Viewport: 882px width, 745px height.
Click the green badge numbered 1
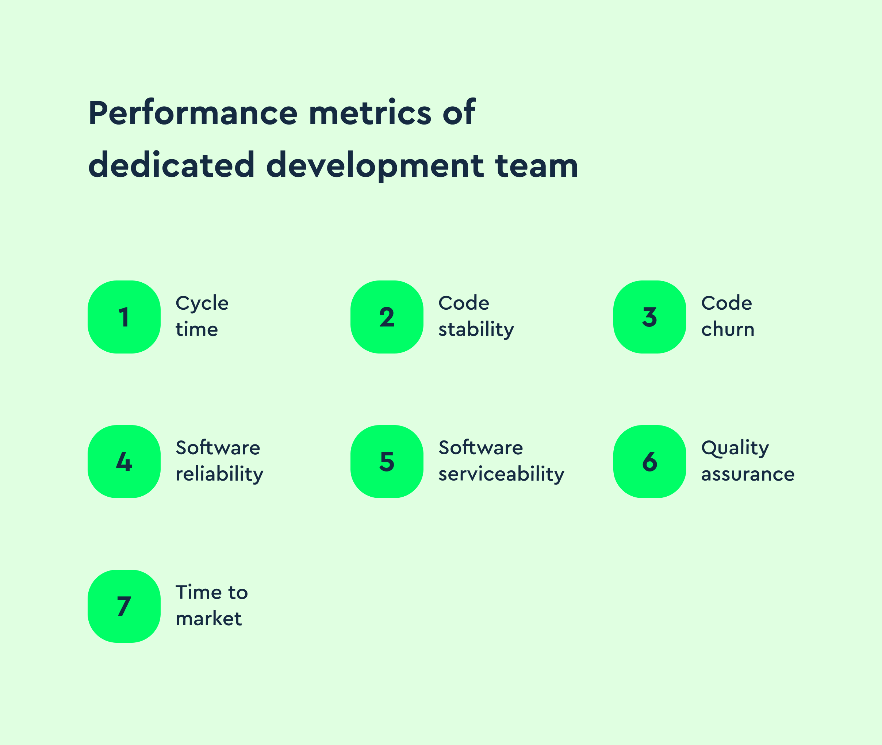coord(124,317)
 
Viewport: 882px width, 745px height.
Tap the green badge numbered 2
coord(387,317)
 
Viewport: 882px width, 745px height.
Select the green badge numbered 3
coord(649,317)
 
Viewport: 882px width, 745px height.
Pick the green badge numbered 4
coord(124,461)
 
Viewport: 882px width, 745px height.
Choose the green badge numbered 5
coord(387,461)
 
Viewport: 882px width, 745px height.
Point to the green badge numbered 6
coord(649,461)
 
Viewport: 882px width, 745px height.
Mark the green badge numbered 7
coord(124,606)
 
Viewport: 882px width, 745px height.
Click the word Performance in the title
coord(193,113)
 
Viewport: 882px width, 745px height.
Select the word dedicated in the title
coord(171,165)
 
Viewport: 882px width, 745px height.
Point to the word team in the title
coord(536,165)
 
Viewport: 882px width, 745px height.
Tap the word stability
coord(476,330)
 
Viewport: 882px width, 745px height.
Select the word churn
coord(728,329)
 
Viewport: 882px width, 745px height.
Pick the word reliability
coord(219,474)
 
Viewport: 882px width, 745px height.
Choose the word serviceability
coord(501,474)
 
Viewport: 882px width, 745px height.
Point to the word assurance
coord(748,474)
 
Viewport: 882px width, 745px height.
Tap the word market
coord(208,619)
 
